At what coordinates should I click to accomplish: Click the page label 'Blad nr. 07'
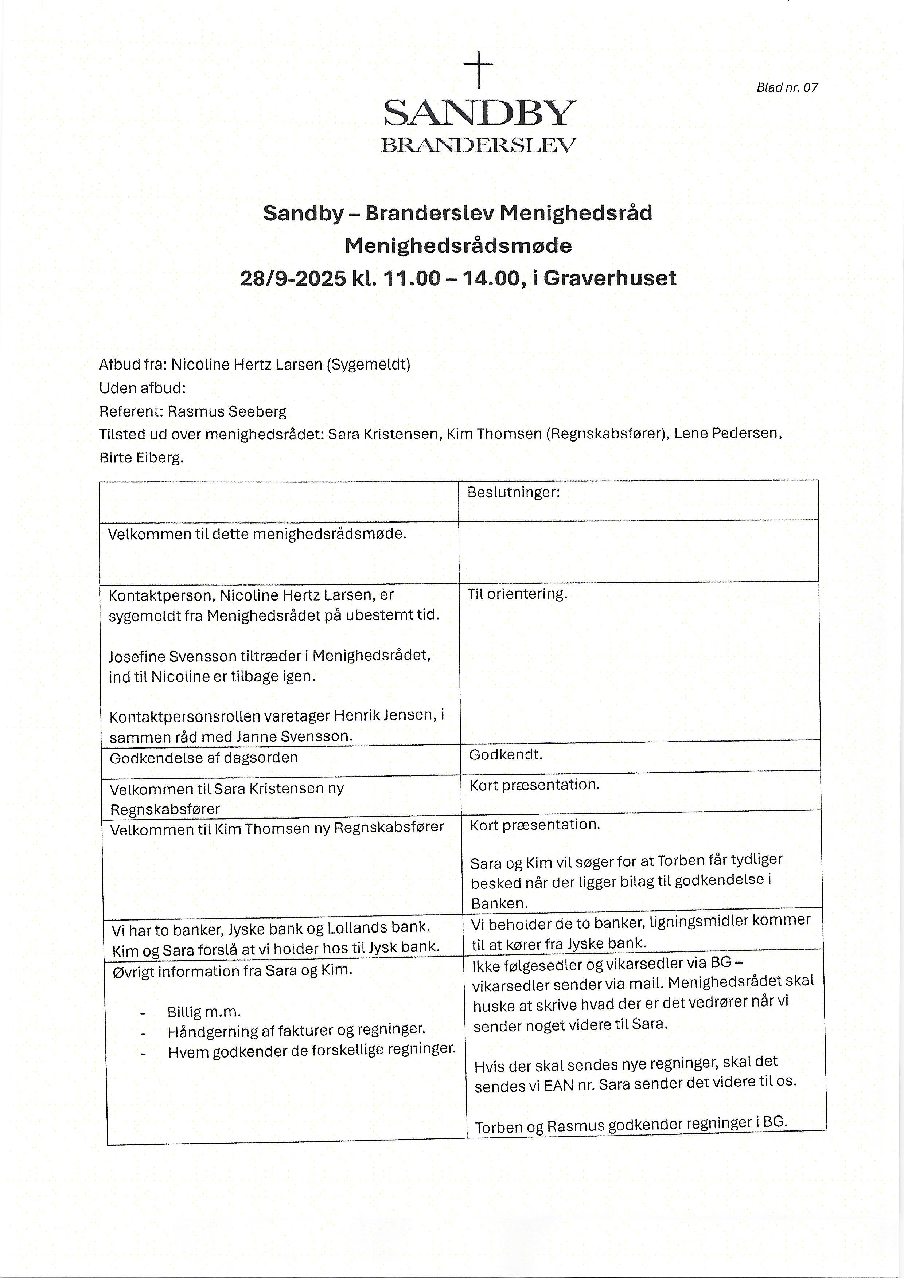[x=787, y=87]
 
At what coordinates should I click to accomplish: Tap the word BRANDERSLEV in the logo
[x=478, y=145]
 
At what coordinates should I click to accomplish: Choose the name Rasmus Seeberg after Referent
[x=227, y=411]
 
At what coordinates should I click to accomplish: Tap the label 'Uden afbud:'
[x=143, y=388]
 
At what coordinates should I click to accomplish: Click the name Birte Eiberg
[x=141, y=458]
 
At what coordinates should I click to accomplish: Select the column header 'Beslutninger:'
[x=513, y=492]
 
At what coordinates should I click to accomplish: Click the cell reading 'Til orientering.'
[x=517, y=594]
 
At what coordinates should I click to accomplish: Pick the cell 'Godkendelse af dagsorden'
[x=204, y=758]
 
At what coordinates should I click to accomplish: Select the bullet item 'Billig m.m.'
[x=204, y=1012]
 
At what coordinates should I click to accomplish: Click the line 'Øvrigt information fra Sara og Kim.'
[x=232, y=971]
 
